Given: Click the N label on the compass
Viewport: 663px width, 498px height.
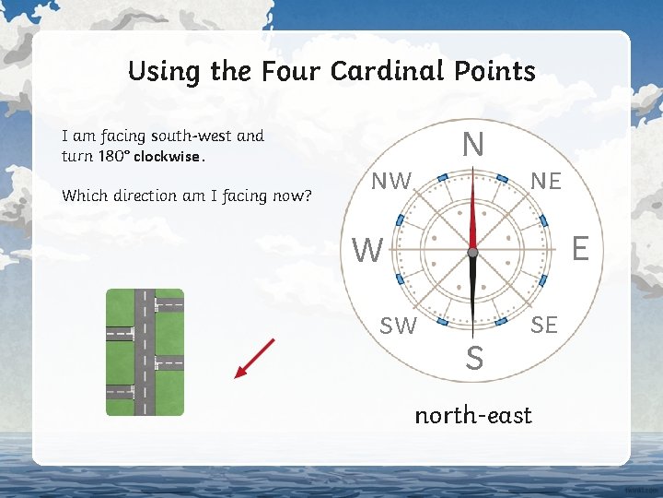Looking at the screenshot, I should [x=472, y=145].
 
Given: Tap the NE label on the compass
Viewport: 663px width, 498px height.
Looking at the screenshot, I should [x=546, y=182].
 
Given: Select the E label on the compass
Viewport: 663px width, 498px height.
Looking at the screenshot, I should [x=580, y=248].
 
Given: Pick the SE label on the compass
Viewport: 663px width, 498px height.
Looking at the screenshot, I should [x=543, y=324].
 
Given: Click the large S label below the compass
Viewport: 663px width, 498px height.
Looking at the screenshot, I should [x=473, y=358].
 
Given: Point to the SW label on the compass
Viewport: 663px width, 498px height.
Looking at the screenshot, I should [x=399, y=325].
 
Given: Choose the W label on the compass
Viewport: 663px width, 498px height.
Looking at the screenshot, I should [x=368, y=250].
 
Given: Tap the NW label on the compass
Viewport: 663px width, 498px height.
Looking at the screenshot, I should [x=391, y=182].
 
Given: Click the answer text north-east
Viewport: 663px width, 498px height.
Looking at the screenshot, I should [x=473, y=416].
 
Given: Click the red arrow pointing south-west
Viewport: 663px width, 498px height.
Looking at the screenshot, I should [x=255, y=358].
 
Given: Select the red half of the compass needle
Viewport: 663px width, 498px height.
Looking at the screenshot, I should [x=472, y=213].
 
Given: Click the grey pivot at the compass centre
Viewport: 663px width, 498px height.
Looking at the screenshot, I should [x=472, y=251].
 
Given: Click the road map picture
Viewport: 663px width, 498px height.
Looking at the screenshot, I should [x=145, y=352].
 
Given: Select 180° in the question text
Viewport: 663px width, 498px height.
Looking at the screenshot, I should [x=110, y=156].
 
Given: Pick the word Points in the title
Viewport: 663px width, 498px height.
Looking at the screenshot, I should [x=498, y=71].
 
